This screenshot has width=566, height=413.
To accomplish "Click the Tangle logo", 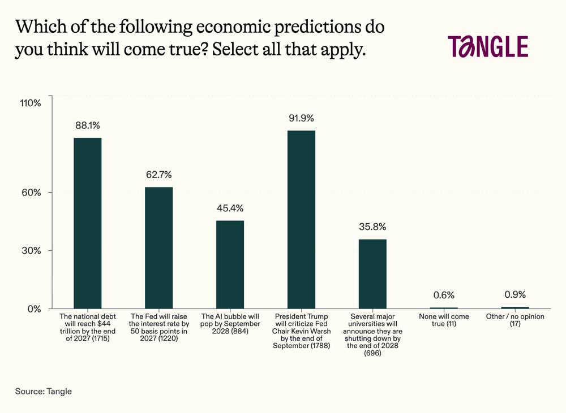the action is [488, 46].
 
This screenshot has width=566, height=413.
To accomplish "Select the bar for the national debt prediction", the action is [87, 223].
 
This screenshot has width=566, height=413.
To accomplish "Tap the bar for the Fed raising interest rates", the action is [159, 248].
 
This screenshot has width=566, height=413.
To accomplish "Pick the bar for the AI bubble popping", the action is [230, 264].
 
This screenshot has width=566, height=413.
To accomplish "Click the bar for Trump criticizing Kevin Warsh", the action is [302, 219].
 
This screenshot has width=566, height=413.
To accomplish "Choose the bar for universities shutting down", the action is [372, 274].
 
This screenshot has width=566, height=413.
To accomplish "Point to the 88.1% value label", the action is [87, 125].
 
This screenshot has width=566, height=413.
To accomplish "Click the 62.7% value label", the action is [159, 175].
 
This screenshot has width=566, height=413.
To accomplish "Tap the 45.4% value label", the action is [230, 208].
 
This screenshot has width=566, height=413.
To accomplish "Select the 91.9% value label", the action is [302, 118].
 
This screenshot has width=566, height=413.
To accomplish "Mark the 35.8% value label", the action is [372, 227].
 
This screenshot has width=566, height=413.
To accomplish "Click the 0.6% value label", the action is [444, 295].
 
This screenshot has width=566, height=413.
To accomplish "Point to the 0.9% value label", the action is [515, 294].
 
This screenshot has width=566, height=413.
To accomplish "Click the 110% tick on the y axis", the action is [31, 103].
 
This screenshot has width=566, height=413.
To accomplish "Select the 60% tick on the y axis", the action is [31, 193].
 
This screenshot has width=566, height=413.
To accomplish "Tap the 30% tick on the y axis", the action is [31, 251].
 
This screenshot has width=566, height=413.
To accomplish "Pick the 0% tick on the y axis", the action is [35, 309].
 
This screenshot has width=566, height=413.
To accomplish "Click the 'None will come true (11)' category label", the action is [444, 320].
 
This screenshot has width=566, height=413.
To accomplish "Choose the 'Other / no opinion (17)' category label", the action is [515, 320].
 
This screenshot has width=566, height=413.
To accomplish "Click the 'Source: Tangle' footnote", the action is [44, 392].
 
